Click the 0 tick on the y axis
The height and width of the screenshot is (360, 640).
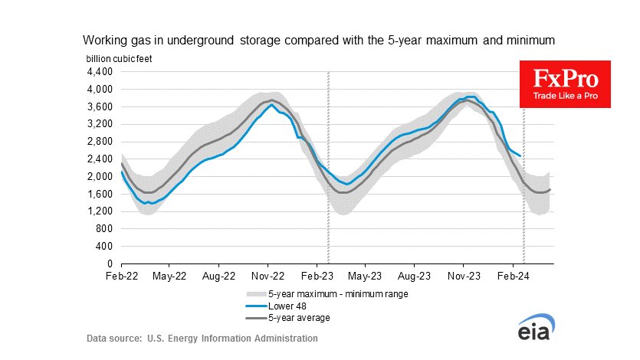(109, 263)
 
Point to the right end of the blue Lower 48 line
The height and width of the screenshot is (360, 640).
(521, 156)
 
